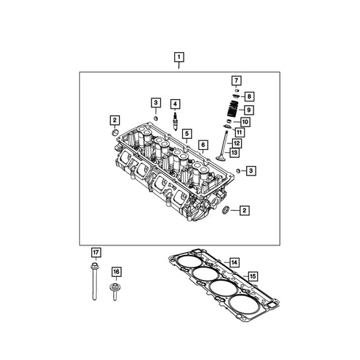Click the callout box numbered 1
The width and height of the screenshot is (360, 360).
pos(179,57)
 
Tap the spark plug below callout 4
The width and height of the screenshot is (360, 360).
pos(175,121)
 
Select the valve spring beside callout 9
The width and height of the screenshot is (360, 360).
pos(233,109)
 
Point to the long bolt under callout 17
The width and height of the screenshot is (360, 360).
pos(95,281)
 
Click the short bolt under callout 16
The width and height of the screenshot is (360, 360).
pos(115,292)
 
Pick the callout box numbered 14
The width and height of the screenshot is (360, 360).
pos(234,263)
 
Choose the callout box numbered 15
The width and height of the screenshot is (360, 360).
pos(253,276)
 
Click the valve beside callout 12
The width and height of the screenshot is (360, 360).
pos(223,146)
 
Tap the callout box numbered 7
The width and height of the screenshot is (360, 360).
pos(237,81)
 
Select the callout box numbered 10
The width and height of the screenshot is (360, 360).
pos(245,122)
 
